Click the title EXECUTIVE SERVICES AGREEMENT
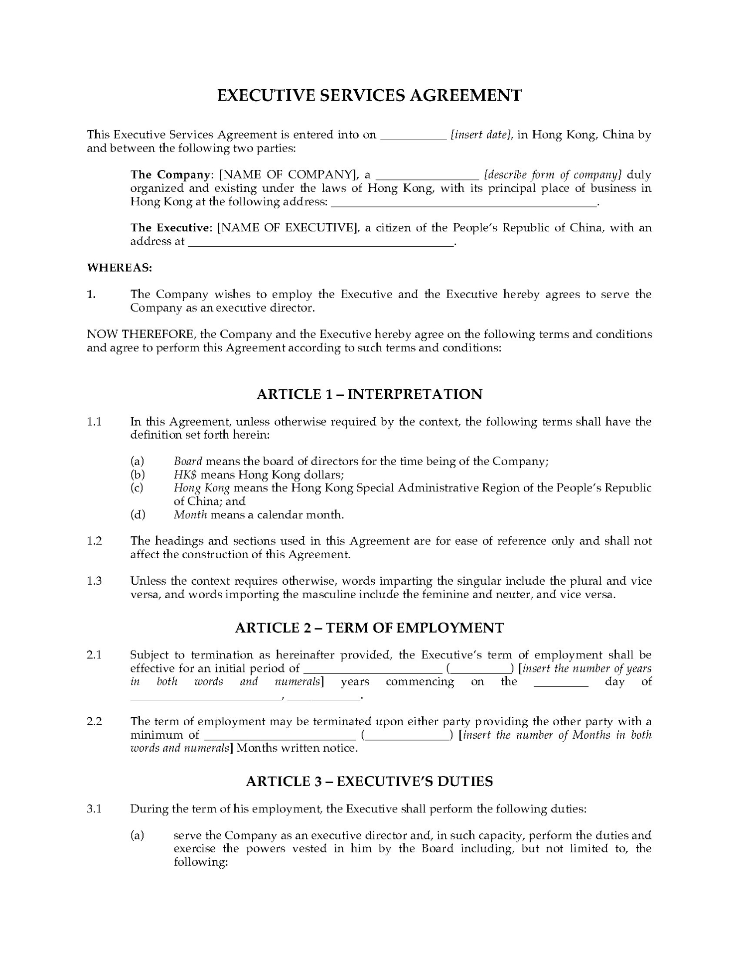point(369,95)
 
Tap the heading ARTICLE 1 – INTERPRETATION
point(369,394)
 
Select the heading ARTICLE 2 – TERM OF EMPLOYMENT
point(369,628)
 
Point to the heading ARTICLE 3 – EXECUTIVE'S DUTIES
point(369,781)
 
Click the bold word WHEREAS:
point(119,268)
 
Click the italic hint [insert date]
point(481,135)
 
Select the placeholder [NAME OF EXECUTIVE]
point(288,228)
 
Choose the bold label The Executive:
point(171,228)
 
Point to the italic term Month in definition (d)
point(190,514)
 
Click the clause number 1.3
point(94,581)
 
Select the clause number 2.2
point(94,721)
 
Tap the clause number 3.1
point(94,808)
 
